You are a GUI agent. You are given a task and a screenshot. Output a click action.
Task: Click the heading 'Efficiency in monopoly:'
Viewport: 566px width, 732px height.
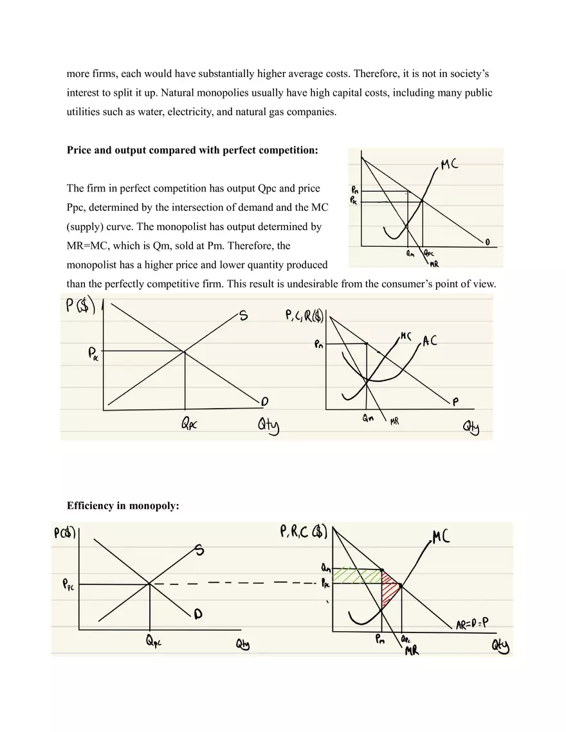123,506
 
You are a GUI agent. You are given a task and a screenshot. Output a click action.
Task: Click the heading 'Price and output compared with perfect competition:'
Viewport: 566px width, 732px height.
192,150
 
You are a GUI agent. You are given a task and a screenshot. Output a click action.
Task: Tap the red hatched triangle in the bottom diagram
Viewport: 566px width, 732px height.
389,589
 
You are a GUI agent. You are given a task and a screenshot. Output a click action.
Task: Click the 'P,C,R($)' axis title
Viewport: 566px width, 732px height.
305,316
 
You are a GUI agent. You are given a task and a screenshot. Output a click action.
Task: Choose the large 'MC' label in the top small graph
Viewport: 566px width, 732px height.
450,165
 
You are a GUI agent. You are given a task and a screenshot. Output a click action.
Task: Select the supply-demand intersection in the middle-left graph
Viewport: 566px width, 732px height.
185,351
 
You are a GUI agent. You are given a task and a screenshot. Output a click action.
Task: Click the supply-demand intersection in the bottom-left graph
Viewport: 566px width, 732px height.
149,584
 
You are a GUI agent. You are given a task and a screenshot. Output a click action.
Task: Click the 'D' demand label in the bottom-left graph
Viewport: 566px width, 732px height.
198,615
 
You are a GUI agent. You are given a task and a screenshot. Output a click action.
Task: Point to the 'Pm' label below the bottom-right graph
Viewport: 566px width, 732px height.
381,639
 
